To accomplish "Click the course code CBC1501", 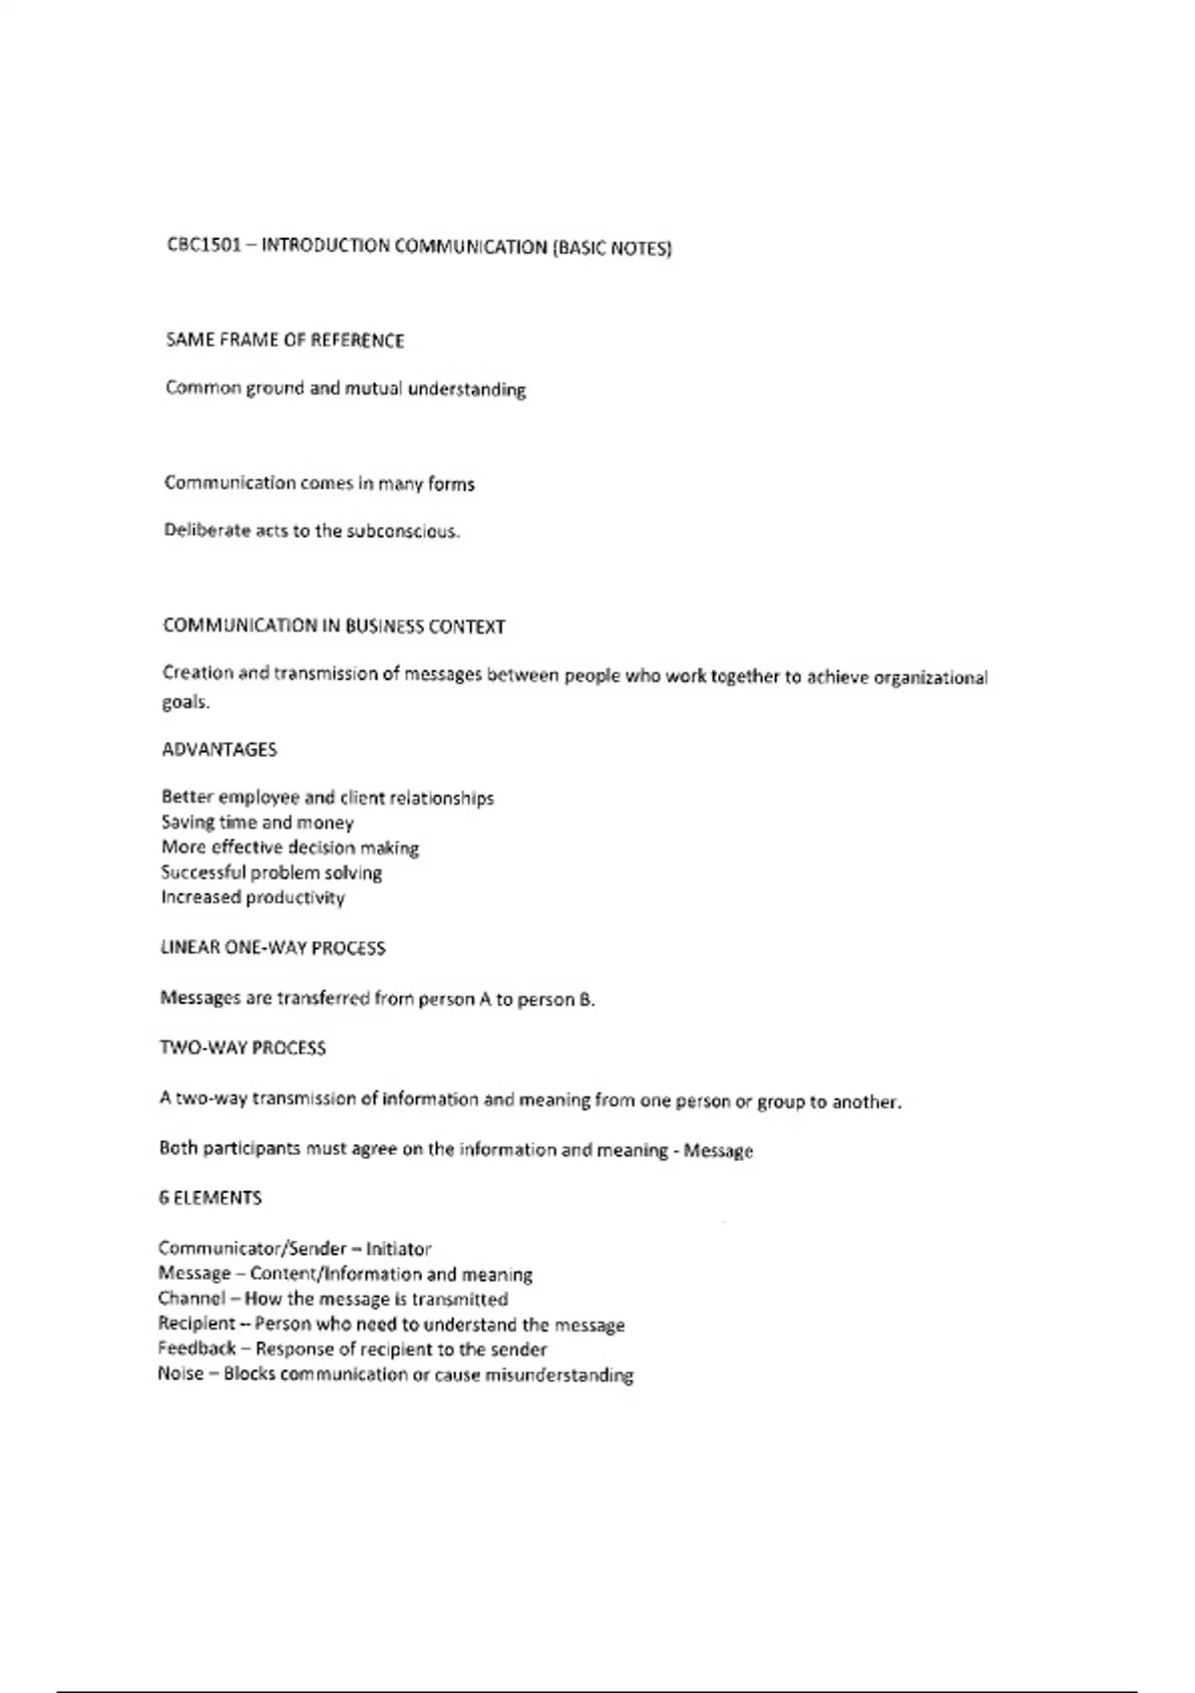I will (203, 245).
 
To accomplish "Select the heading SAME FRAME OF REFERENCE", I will (285, 341).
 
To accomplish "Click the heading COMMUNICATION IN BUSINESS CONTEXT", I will (334, 626).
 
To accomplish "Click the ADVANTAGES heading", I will (219, 749).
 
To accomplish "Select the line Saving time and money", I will (257, 823).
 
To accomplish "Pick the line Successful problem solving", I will (271, 872).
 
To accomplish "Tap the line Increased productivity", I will (253, 897).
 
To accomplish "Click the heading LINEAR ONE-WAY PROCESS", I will (272, 948).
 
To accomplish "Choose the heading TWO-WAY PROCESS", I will (242, 1048).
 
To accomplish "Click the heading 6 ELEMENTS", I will (209, 1198).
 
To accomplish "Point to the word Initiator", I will (398, 1249).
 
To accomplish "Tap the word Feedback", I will (196, 1348).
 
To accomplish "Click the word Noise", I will (180, 1374).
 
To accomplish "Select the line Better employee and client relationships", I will (327, 798).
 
